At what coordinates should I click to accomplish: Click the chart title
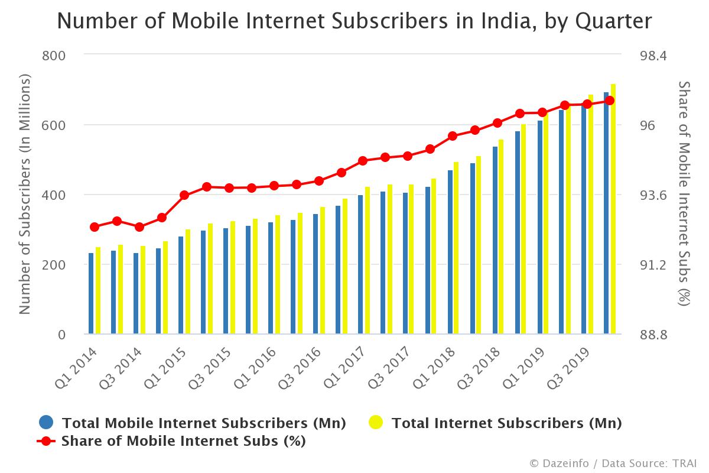354,21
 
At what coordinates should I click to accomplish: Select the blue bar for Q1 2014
91,293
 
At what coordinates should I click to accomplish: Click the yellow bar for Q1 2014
98,290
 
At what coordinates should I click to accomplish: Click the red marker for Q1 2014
95,227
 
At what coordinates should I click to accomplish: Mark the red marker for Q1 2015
184,195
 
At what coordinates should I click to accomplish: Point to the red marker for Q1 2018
453,136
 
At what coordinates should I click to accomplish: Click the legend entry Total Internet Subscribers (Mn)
506,423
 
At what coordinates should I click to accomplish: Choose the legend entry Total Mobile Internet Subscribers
204,423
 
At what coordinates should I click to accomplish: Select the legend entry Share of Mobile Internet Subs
183,441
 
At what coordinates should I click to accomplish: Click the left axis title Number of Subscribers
25,195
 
